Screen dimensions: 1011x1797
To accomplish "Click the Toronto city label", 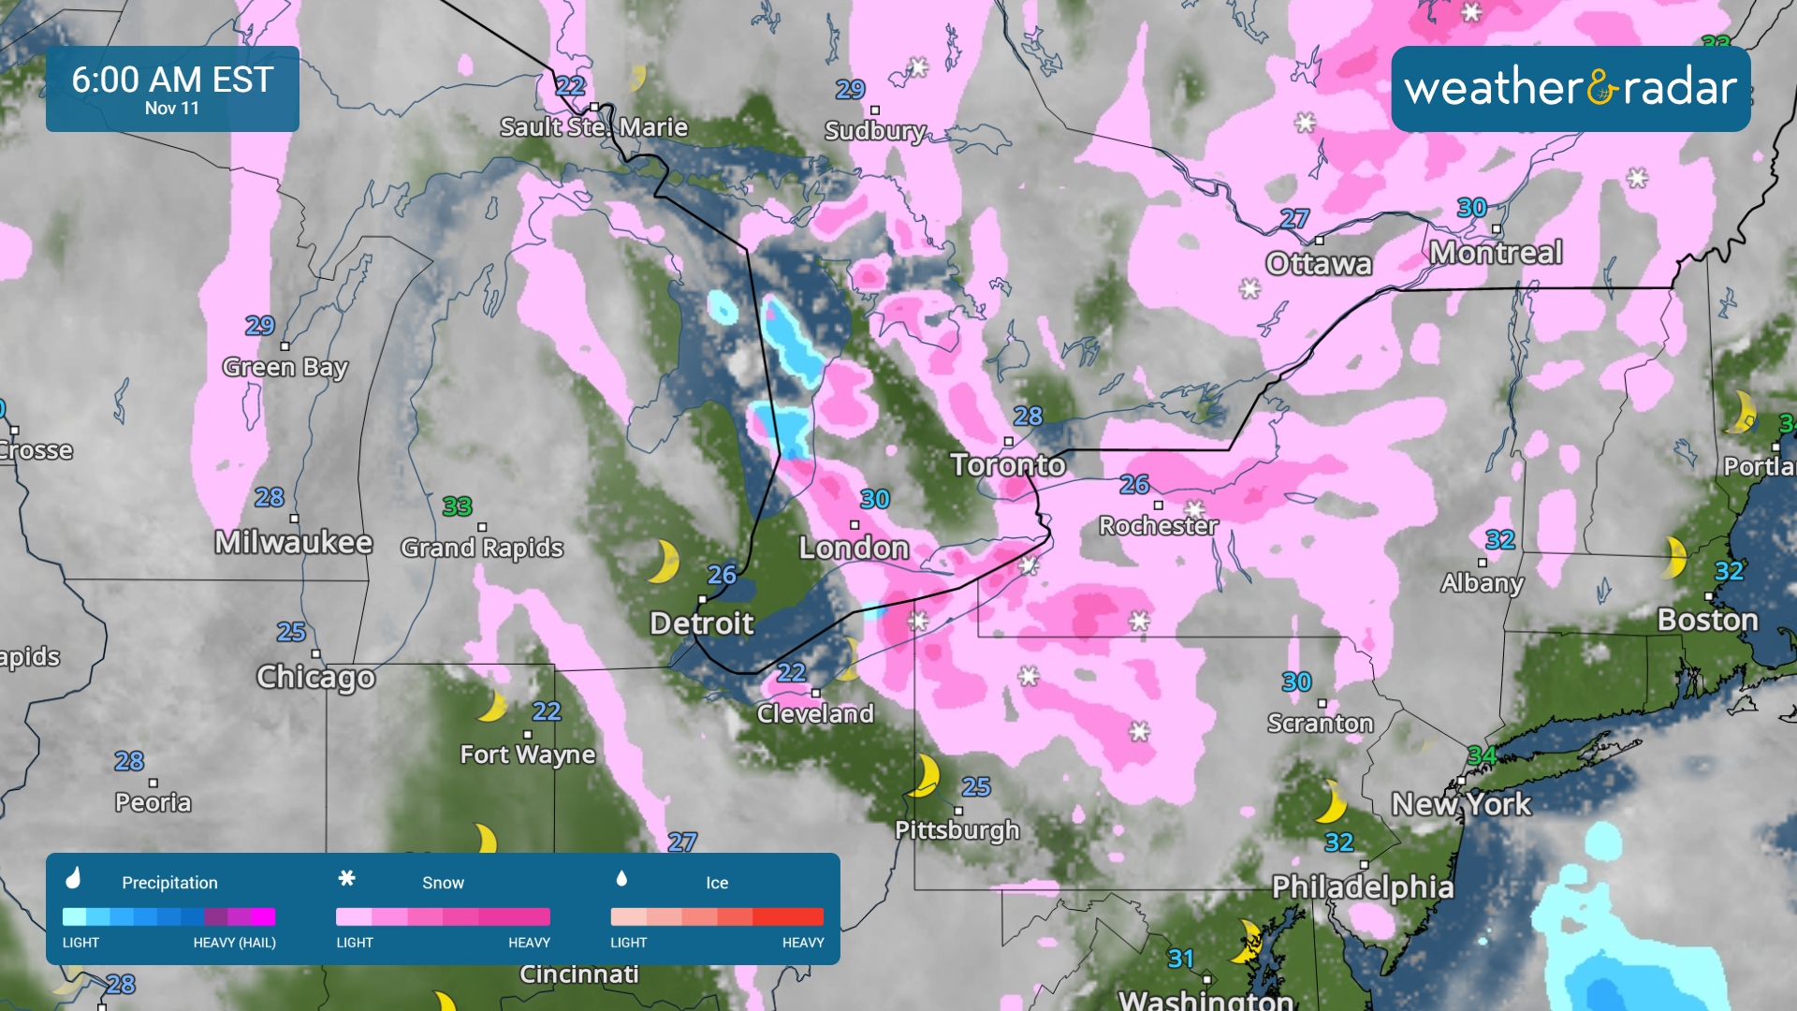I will [x=1008, y=464].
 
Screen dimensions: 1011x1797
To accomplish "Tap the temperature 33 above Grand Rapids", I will [x=457, y=506].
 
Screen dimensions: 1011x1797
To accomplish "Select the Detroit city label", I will [x=702, y=623].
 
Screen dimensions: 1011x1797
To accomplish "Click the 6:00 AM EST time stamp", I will [x=172, y=80].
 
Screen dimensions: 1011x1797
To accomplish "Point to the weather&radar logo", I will [x=1571, y=88].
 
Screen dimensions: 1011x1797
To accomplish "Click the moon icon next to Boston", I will [x=1675, y=558].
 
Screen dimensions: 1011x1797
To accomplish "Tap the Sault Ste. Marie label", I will [x=593, y=127].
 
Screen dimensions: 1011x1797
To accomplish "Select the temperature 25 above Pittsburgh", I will [x=975, y=786].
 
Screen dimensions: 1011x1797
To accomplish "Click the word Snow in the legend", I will [x=443, y=883].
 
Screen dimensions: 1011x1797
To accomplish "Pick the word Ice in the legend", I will [x=717, y=883].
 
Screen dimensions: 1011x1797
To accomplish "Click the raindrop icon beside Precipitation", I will [x=73, y=878].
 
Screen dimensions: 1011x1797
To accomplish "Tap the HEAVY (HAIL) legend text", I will [x=234, y=943].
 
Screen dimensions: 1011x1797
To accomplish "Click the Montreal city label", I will [x=1496, y=253].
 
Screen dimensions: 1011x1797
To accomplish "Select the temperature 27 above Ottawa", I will [x=1293, y=219].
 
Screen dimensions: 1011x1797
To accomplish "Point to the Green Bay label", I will [x=285, y=367].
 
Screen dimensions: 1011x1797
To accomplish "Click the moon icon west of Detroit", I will [x=664, y=561].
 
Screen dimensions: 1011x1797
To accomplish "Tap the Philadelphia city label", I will [x=1363, y=886].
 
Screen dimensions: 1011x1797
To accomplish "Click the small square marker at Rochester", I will [x=1158, y=505].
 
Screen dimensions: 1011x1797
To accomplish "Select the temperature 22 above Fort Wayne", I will [x=547, y=711].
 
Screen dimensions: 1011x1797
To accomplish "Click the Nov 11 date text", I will [x=172, y=109].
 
